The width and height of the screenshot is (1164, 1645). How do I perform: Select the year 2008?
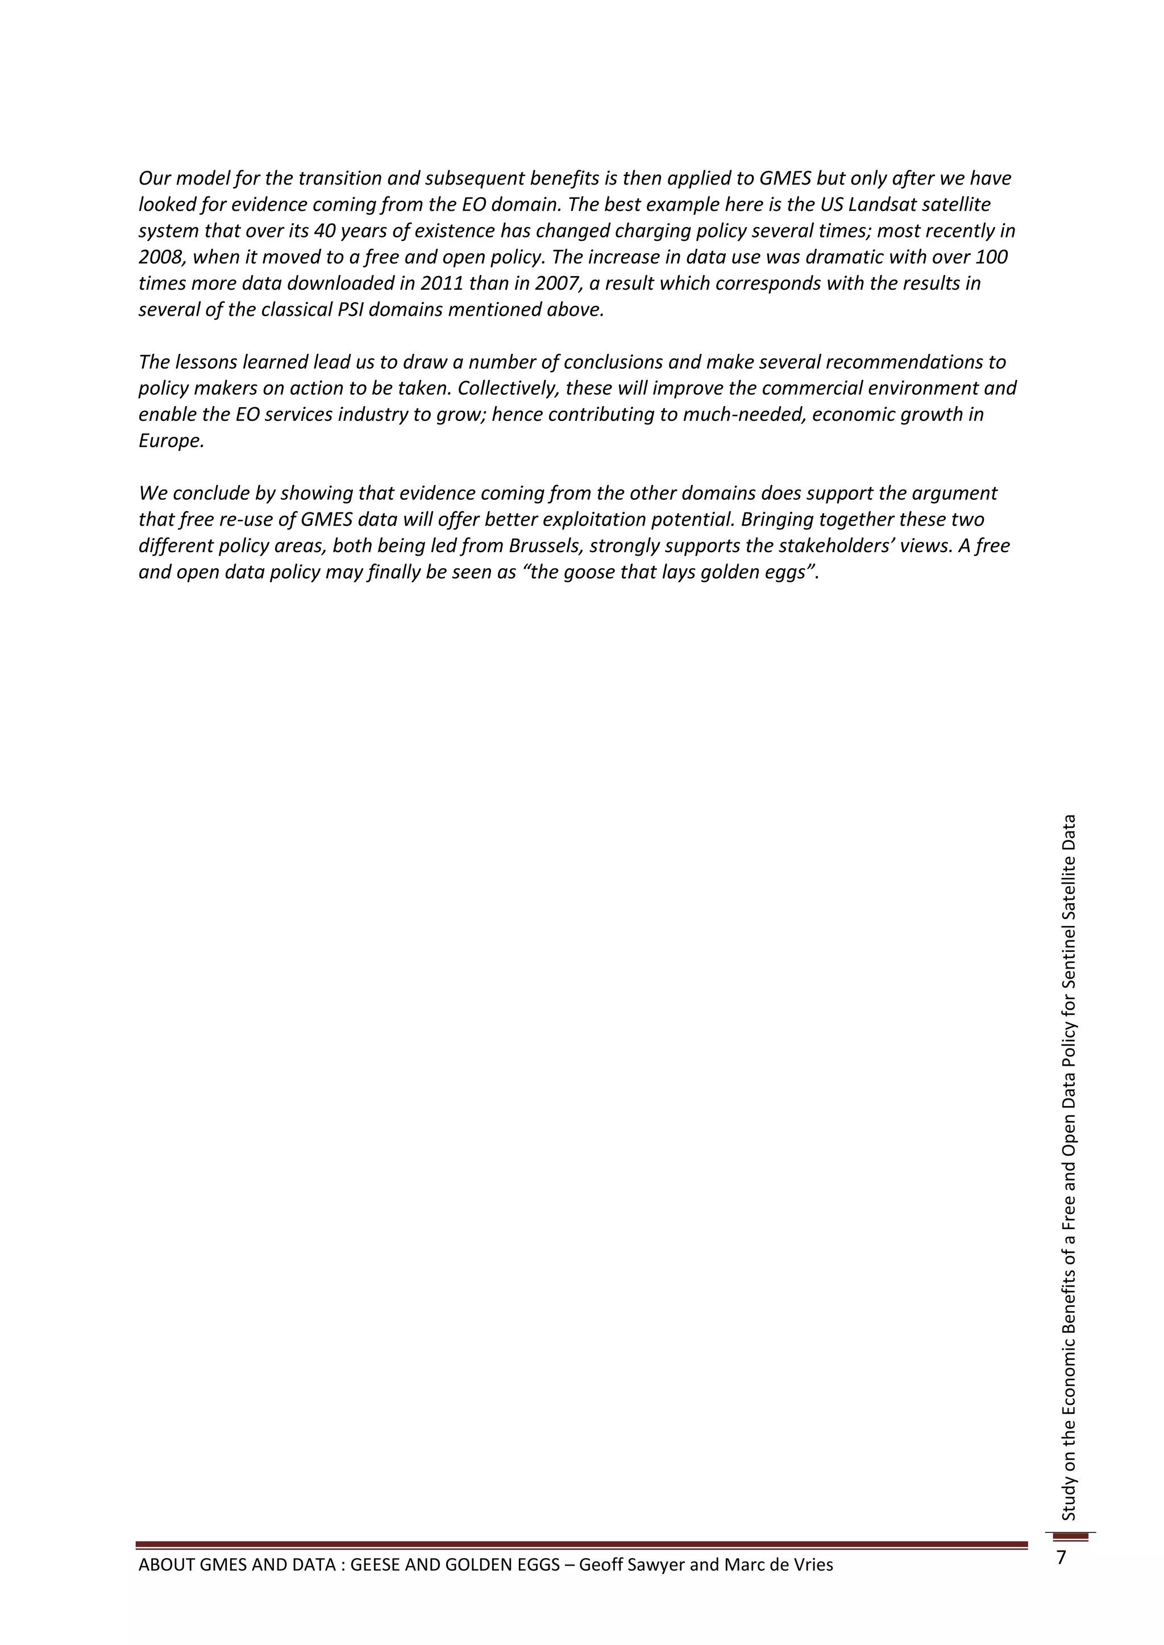[160, 257]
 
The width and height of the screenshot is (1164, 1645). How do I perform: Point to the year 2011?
[441, 283]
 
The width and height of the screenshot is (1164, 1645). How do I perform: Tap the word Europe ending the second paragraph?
[171, 441]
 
